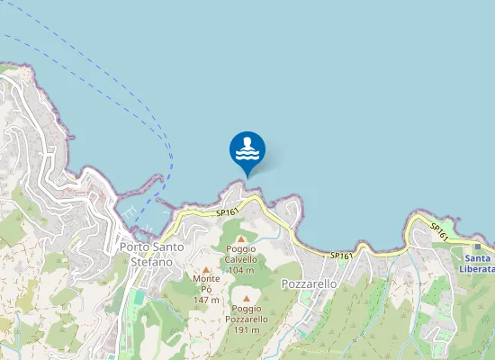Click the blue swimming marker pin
247,149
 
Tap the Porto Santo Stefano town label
151,254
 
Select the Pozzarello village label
309,283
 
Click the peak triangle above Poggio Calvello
241,238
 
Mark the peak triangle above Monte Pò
206,269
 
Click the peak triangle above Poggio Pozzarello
246,298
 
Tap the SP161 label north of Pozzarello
341,256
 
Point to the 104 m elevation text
241,270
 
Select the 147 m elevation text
206,300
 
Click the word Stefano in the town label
151,261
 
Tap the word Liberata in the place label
476,268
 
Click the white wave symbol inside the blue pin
247,152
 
